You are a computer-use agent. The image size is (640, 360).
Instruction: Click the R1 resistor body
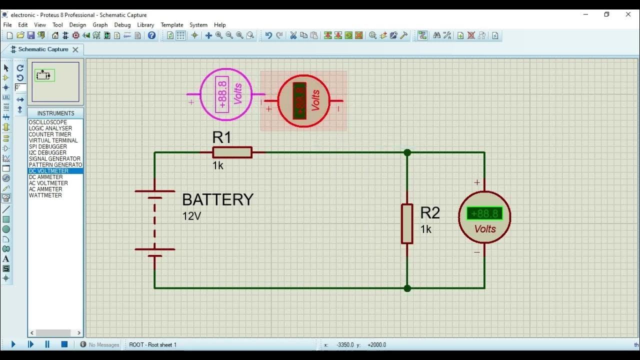(x=232, y=152)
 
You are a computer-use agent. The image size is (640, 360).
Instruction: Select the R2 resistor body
(x=407, y=223)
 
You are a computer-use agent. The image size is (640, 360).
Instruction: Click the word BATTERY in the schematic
(x=217, y=199)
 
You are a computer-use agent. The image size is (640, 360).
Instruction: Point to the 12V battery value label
(x=191, y=216)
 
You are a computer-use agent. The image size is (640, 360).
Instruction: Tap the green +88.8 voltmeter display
(x=484, y=214)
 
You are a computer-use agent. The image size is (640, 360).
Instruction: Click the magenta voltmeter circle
(x=226, y=94)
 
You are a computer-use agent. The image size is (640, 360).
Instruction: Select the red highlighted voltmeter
(x=303, y=101)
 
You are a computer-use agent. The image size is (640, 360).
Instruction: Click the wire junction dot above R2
(x=407, y=152)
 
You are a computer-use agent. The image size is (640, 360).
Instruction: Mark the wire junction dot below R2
(x=407, y=288)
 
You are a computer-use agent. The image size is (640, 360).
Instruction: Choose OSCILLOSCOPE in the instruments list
(x=47, y=122)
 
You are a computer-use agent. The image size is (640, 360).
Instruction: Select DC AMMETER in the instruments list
(x=45, y=177)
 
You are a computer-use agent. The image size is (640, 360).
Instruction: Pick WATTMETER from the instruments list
(x=45, y=195)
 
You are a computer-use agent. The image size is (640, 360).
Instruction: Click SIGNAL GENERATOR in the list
(x=54, y=159)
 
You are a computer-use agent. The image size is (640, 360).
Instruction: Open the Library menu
(x=145, y=24)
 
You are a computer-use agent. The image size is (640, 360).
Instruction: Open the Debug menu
(x=122, y=24)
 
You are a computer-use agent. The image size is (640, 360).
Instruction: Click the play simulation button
(x=13, y=344)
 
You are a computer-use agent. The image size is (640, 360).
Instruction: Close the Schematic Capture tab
(x=75, y=49)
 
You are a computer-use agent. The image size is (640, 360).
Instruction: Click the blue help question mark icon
(x=152, y=35)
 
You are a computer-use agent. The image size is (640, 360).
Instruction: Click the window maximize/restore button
(x=606, y=14)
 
